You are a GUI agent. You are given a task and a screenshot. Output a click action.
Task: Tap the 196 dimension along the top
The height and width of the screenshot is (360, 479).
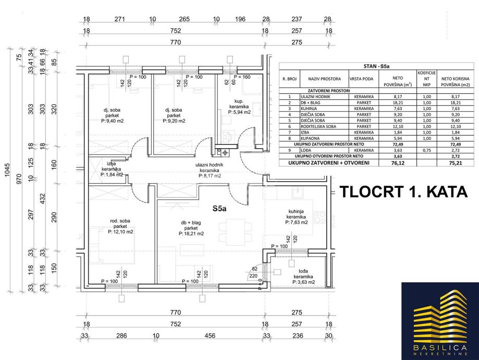pyautogui.click(x=240, y=20)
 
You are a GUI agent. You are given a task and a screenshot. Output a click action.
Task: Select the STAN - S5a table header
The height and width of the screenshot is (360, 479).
pyautogui.click(x=376, y=66)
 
